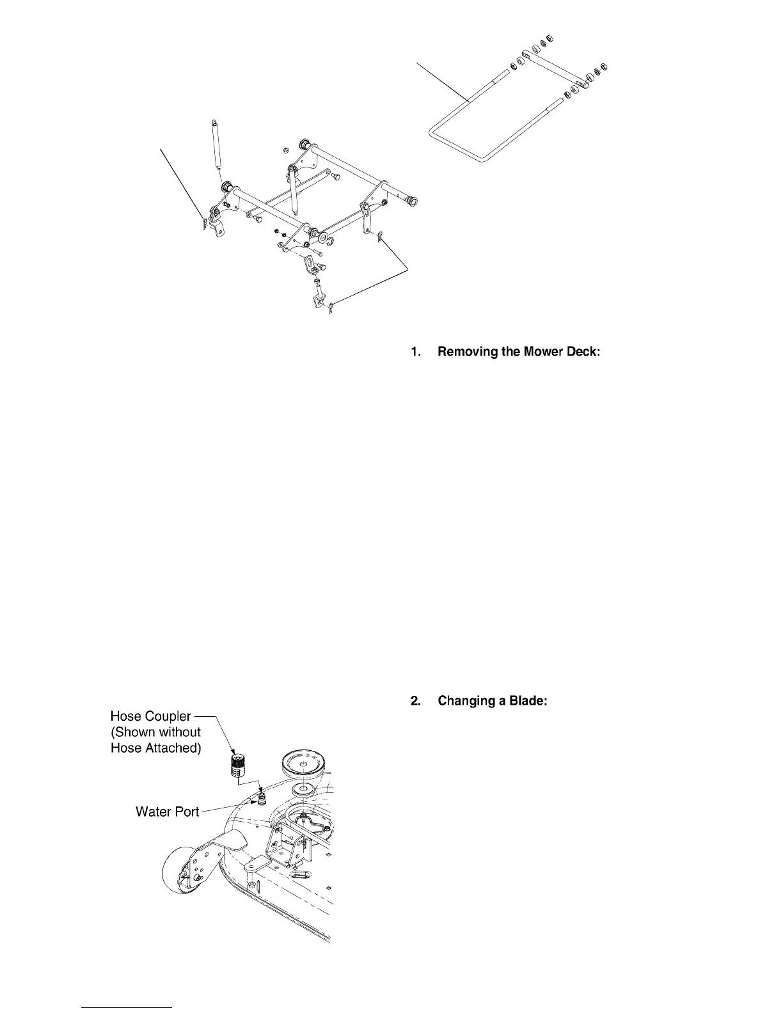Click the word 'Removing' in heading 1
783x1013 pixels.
(468, 352)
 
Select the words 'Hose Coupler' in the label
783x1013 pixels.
(150, 716)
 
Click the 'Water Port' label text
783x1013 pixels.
(168, 812)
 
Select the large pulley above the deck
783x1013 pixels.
(306, 764)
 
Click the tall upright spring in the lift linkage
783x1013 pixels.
(216, 144)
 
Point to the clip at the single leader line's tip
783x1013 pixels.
(206, 223)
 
